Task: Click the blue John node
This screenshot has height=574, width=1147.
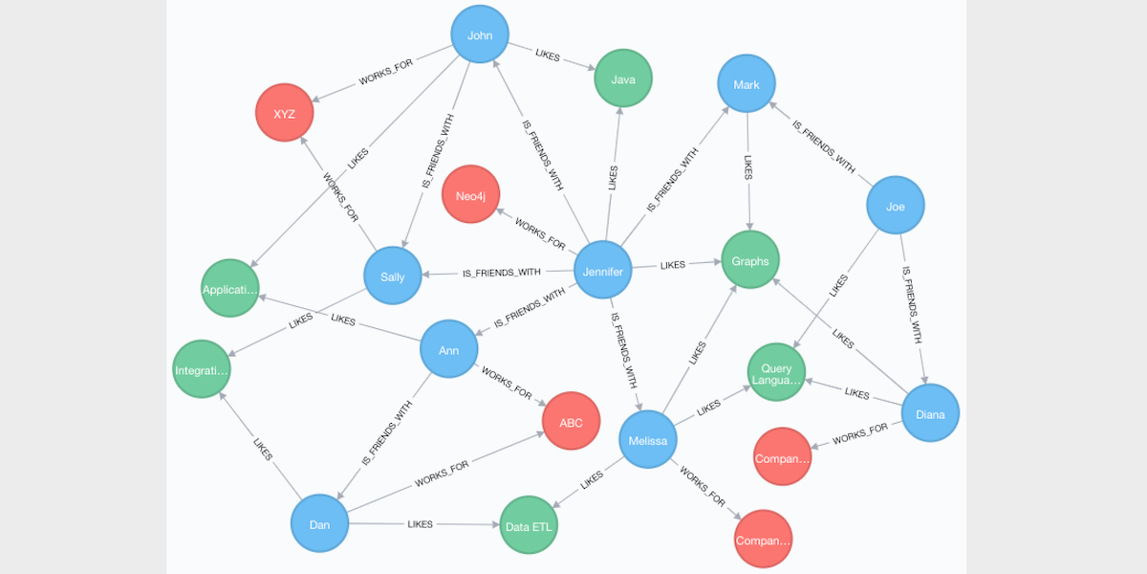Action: click(x=480, y=35)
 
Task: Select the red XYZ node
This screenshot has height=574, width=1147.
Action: click(x=284, y=113)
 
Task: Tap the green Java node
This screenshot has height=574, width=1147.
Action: click(x=623, y=79)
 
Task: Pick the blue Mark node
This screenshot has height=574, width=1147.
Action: click(x=747, y=85)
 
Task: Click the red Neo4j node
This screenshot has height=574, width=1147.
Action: click(x=470, y=195)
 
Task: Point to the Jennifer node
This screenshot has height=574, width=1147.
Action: click(x=602, y=272)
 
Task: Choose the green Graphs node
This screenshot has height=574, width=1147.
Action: click(x=750, y=261)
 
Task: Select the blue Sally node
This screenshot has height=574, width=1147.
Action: click(x=393, y=277)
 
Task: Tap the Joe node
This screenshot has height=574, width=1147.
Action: click(x=895, y=206)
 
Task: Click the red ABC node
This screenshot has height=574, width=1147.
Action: click(x=571, y=423)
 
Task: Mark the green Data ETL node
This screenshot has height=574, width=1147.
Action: click(x=529, y=526)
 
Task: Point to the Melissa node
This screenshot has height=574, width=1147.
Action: click(x=648, y=440)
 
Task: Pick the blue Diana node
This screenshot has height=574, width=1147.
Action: click(x=930, y=414)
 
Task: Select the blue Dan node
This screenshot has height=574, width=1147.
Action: click(x=319, y=524)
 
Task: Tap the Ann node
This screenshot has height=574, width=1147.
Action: click(x=449, y=350)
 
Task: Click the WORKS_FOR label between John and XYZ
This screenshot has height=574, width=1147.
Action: click(x=386, y=77)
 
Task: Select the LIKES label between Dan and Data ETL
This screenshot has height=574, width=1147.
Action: click(x=421, y=524)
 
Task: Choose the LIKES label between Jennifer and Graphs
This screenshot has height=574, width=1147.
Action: click(x=673, y=265)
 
